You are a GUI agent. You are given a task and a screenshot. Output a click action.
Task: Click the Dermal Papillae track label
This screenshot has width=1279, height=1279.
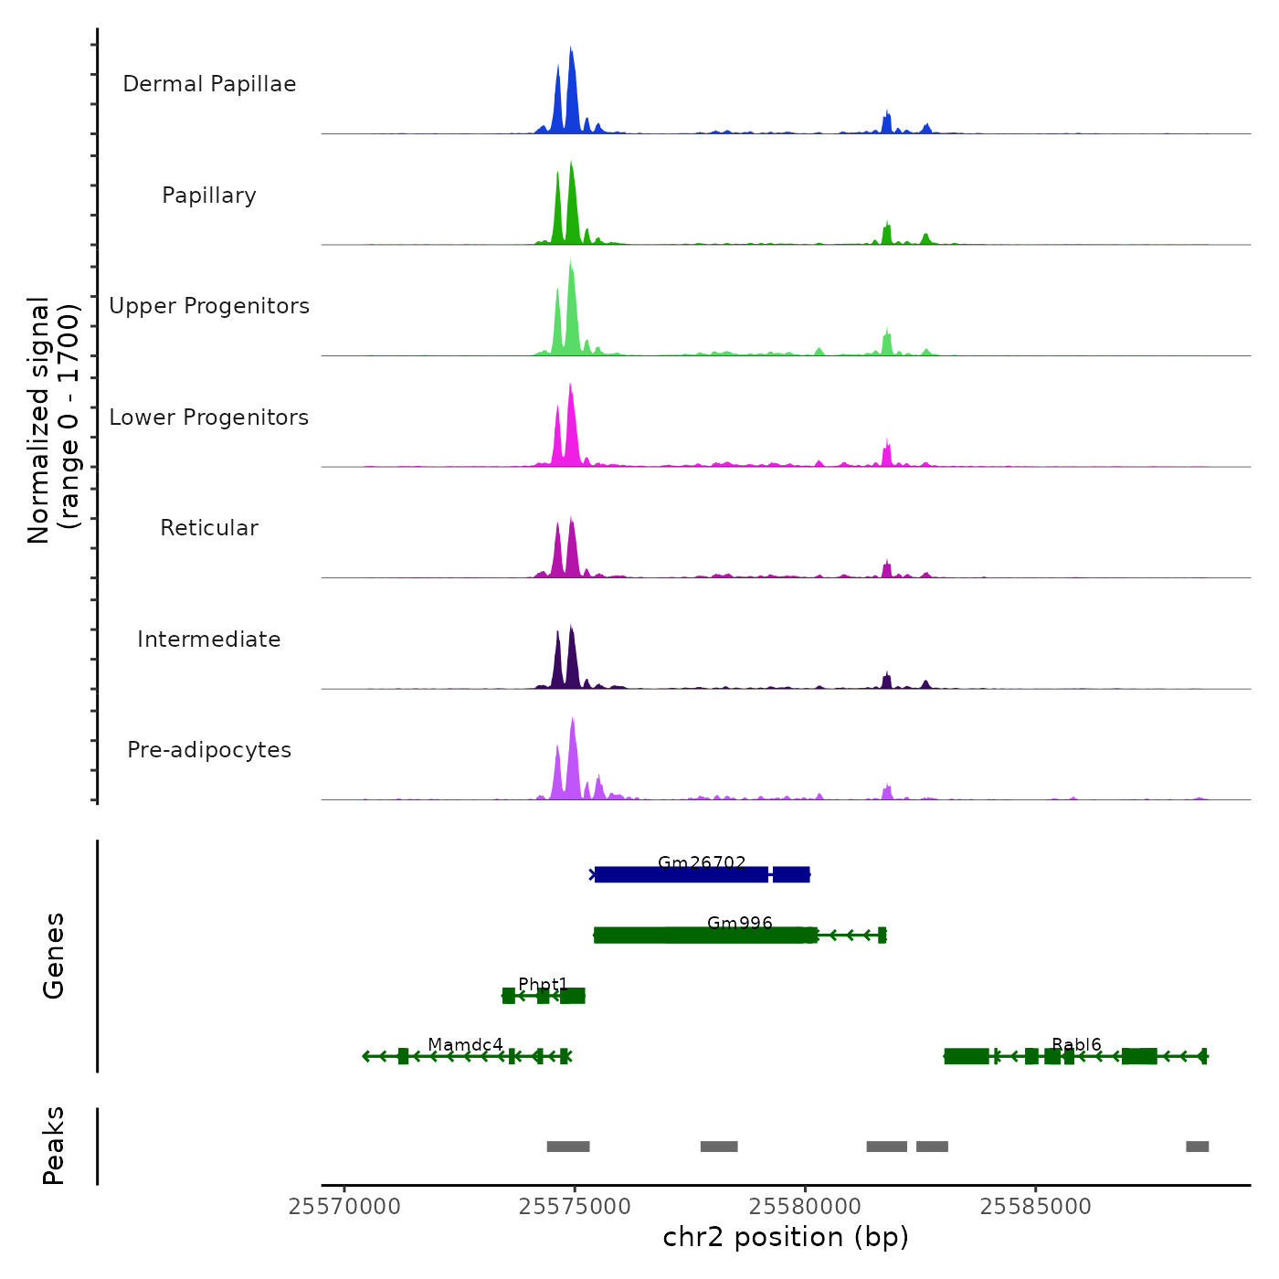[x=209, y=84]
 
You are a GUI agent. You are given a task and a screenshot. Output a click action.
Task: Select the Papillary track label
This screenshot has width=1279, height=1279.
[x=209, y=196]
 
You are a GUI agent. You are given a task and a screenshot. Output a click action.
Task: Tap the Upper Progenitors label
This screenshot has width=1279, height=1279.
[x=209, y=306]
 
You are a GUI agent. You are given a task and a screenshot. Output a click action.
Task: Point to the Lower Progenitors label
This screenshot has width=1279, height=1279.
[x=209, y=418]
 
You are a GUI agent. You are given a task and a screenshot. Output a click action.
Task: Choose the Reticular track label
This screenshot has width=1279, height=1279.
[x=209, y=528]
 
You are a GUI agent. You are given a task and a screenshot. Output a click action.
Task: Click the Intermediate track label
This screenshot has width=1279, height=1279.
[x=209, y=639]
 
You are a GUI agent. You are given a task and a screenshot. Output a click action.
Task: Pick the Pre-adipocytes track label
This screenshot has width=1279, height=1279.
[x=209, y=750]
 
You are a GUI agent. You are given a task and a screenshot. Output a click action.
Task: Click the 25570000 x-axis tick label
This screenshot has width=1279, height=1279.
[x=344, y=1207]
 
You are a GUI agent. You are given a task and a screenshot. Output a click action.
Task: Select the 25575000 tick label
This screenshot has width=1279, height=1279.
[x=575, y=1207]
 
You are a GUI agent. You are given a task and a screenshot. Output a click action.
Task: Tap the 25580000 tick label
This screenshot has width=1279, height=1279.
[x=805, y=1207]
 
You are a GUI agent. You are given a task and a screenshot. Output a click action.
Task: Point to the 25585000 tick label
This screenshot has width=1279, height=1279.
[x=1035, y=1207]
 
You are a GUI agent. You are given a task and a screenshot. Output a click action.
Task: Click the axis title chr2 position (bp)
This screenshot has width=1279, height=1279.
[x=786, y=1237]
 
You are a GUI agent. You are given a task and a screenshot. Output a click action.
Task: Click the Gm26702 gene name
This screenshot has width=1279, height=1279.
[x=702, y=862]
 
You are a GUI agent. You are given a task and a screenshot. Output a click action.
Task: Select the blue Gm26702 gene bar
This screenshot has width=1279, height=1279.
[x=681, y=875]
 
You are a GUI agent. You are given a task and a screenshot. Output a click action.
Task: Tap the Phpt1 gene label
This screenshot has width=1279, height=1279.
[x=543, y=984]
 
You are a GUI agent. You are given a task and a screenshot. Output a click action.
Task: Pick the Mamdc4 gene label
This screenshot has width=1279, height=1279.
[x=465, y=1044]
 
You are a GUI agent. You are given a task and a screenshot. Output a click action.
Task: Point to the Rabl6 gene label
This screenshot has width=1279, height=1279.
[x=1076, y=1044]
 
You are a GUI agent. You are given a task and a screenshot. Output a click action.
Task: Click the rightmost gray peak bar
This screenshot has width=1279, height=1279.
[x=1197, y=1147]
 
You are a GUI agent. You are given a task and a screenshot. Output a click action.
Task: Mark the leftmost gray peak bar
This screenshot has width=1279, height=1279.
[x=567, y=1147]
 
